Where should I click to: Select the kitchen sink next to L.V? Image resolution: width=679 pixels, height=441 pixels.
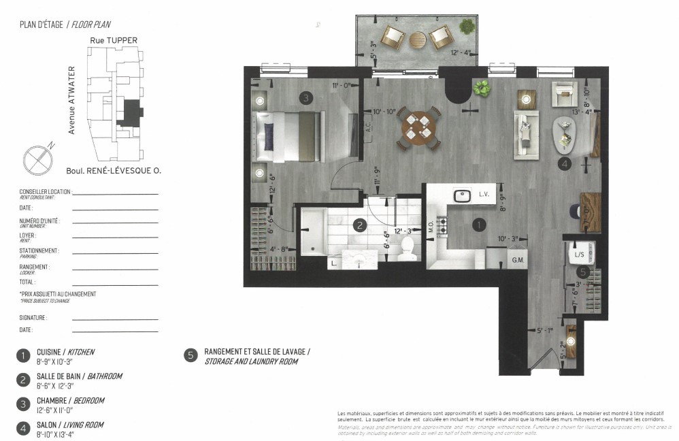point(463,195)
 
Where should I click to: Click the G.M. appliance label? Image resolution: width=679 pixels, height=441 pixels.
point(517,260)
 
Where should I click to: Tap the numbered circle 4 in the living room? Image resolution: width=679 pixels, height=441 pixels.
point(564,163)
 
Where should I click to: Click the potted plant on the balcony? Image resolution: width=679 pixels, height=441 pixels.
point(467,27)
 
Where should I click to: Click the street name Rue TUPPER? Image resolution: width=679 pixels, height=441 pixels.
point(114,40)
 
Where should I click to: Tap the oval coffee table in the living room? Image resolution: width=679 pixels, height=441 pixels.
point(566,136)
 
